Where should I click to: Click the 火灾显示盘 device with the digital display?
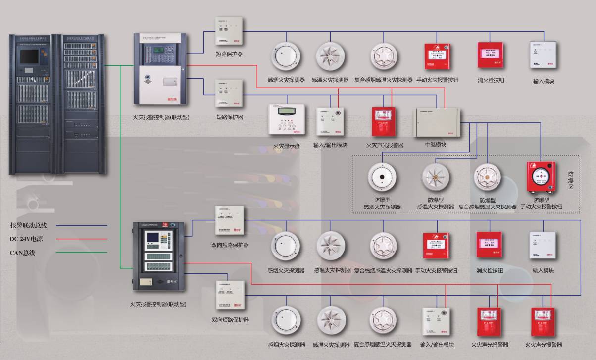pos(286,120)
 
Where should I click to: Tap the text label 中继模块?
pos(436,145)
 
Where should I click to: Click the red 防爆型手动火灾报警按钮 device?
pos(541,178)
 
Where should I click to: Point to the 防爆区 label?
pos(574,181)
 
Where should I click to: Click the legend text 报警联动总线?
pos(29,225)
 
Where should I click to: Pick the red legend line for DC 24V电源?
pos(82,239)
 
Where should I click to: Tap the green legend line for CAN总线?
pos(82,253)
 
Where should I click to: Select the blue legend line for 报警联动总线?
pos(82,226)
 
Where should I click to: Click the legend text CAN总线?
pos(23,253)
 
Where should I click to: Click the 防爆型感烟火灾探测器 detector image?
pos(382,178)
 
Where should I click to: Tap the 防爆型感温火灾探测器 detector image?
pos(436,178)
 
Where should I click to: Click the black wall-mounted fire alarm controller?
pos(158,257)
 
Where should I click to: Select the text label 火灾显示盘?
pos(286,146)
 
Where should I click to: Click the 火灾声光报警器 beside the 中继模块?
pos(384,122)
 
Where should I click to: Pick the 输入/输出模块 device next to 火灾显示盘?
pos(330,122)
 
